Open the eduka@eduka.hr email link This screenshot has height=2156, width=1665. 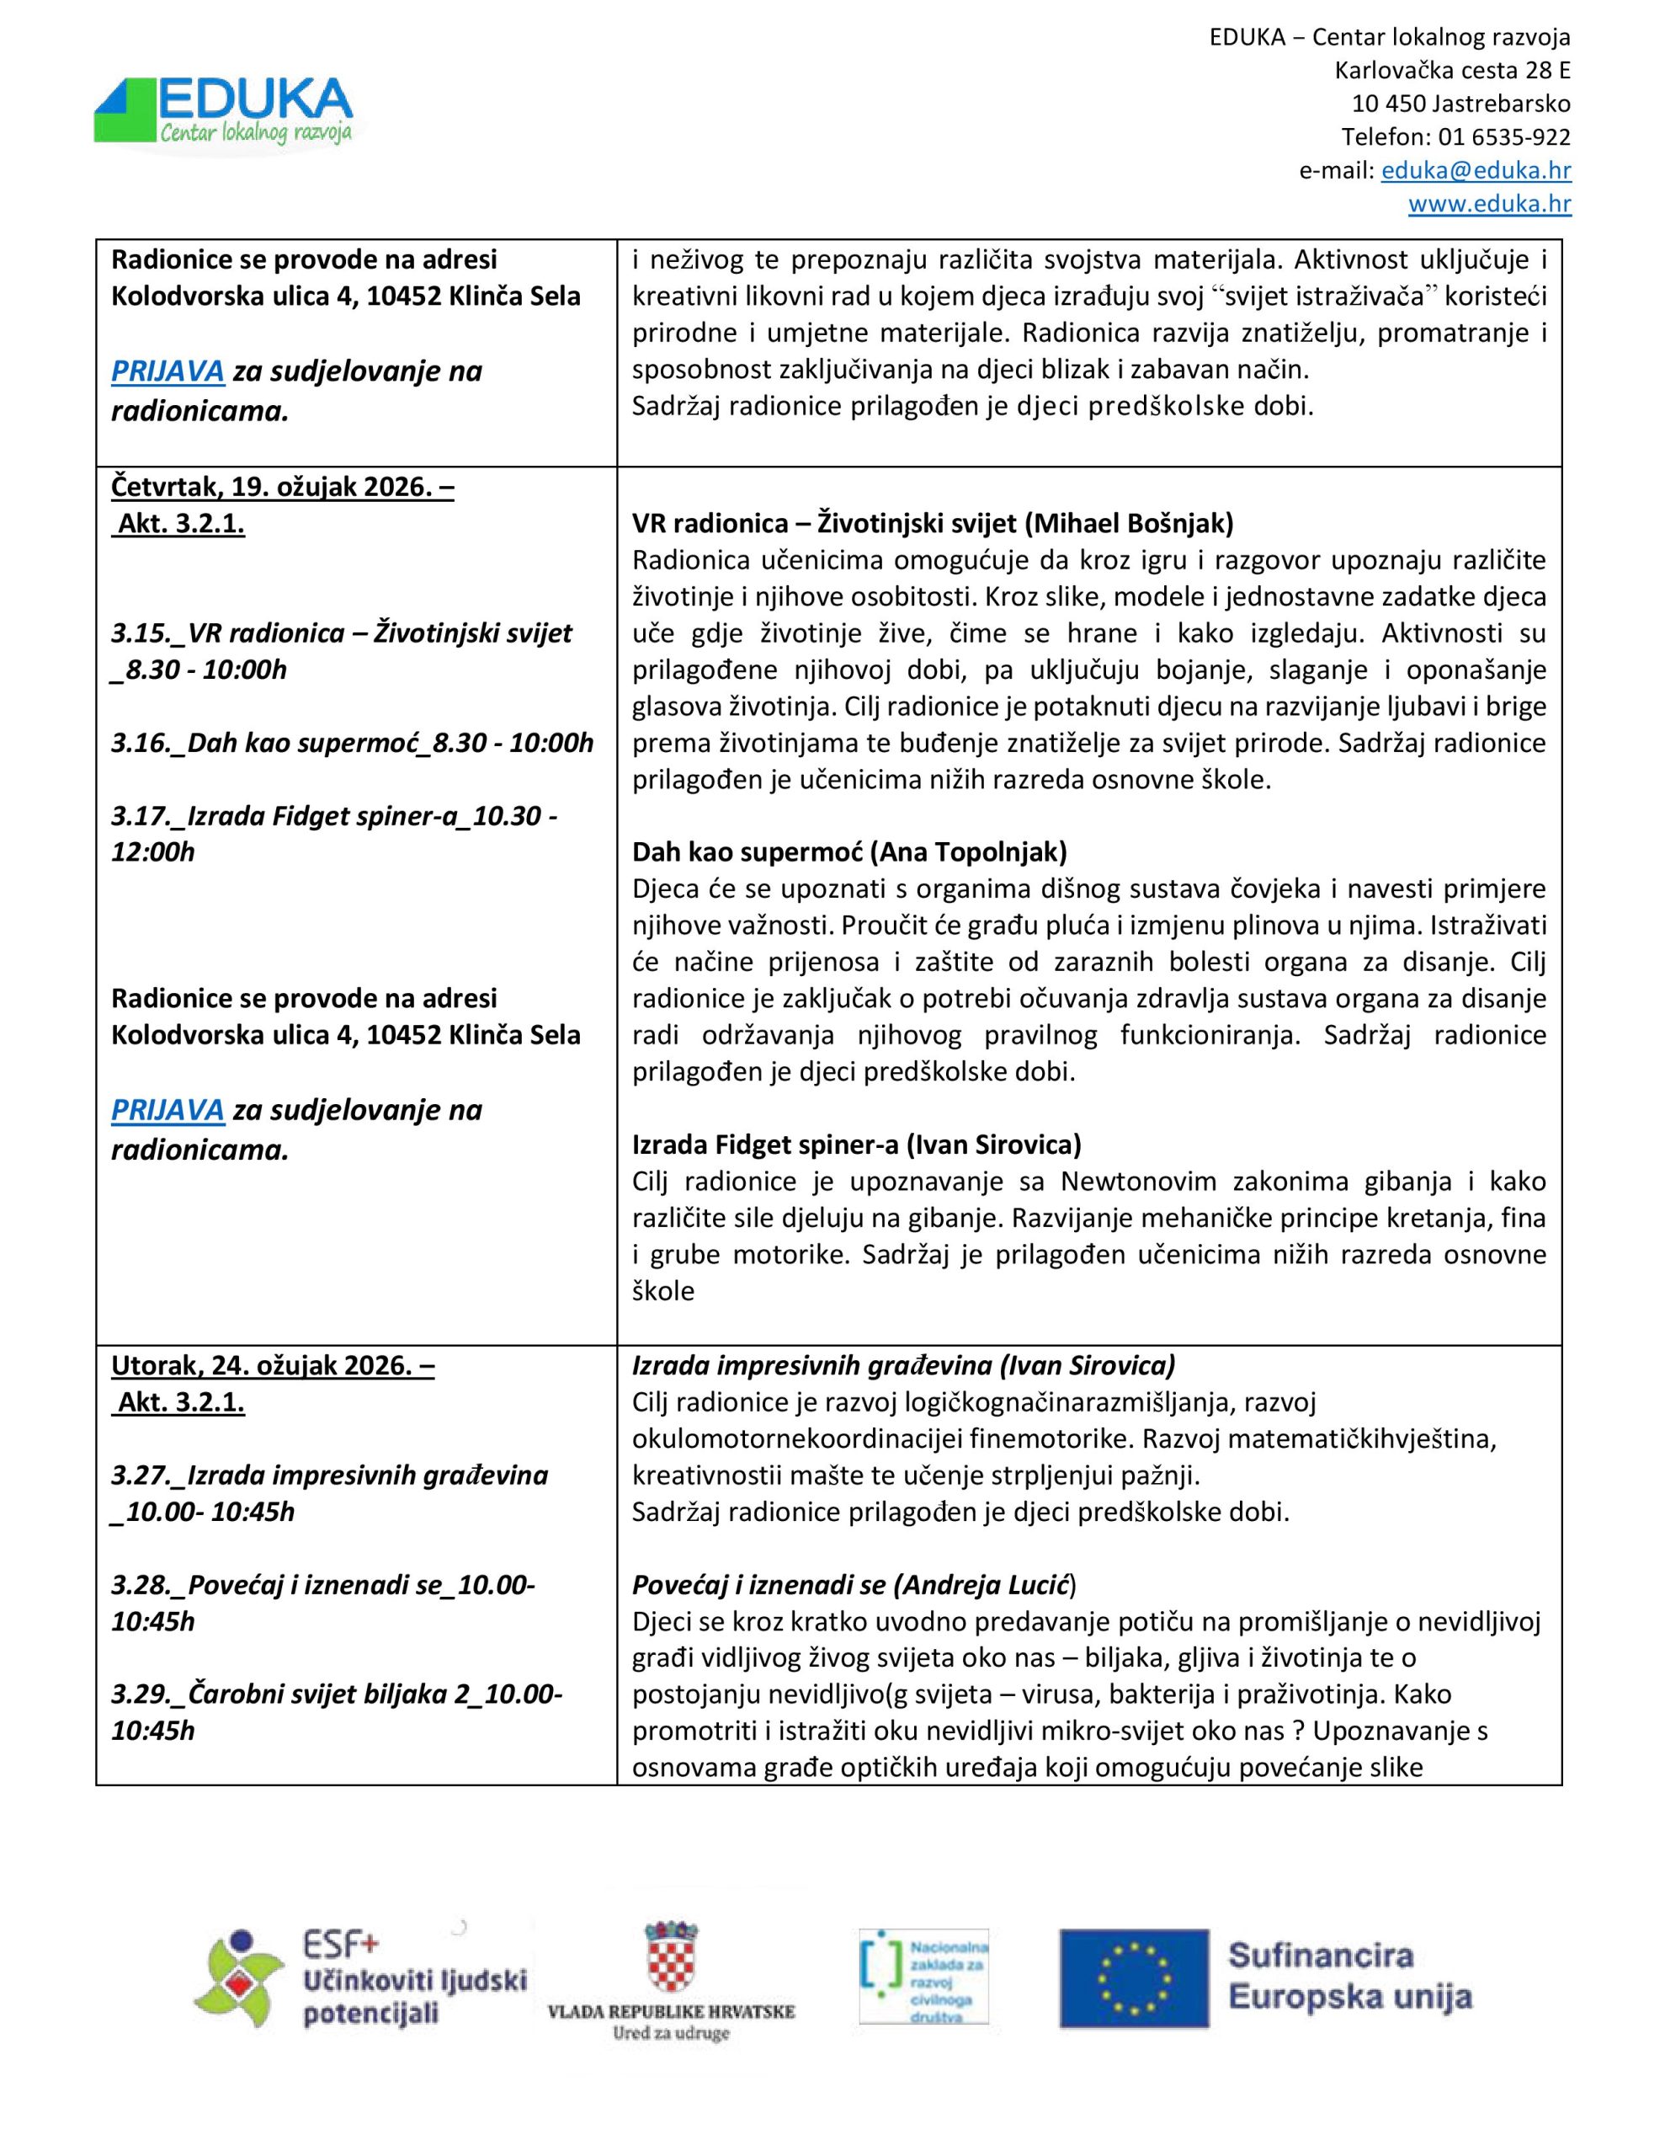pos(1476,171)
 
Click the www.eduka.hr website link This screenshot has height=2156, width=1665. pos(1489,205)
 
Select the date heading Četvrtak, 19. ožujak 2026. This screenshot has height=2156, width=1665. pos(282,488)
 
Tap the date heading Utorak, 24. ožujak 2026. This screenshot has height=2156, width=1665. pos(273,1365)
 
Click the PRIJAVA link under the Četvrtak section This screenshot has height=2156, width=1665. pos(168,1110)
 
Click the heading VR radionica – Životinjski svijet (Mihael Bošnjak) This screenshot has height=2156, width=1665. pos(933,523)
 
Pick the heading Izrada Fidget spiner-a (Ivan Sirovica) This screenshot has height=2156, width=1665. pos(857,1145)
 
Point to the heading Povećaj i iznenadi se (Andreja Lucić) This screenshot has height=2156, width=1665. pos(854,1584)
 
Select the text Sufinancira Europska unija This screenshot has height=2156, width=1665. pos(1349,1977)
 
